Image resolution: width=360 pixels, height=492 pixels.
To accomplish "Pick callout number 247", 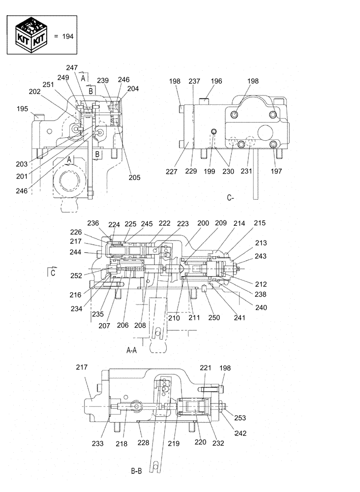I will [72, 68].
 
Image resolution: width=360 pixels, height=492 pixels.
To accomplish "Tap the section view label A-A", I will [132, 350].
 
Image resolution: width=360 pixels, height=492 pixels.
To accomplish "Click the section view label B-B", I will [137, 471].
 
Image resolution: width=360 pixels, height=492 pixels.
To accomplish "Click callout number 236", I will [93, 223].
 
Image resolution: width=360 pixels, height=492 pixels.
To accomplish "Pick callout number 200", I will [203, 223].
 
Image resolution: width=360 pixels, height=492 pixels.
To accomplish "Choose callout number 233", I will [97, 443].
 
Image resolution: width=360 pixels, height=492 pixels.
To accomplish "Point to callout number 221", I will [205, 368].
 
